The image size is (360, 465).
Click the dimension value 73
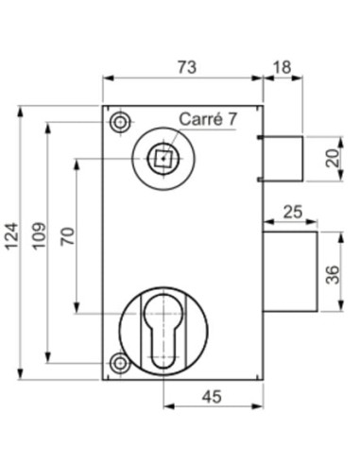pos(187,67)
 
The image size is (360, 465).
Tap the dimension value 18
pos(282,67)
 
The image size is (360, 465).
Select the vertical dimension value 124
pos(12,236)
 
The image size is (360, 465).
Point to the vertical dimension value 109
pos(40,236)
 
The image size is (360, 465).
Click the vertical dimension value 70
pos(68,236)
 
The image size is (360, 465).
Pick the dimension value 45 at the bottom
pos(212,397)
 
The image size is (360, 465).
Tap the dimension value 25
pos(293,212)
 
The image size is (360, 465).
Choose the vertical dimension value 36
pos(333,275)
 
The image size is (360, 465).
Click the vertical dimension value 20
pos(333,159)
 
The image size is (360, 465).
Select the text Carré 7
pos(208,119)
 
